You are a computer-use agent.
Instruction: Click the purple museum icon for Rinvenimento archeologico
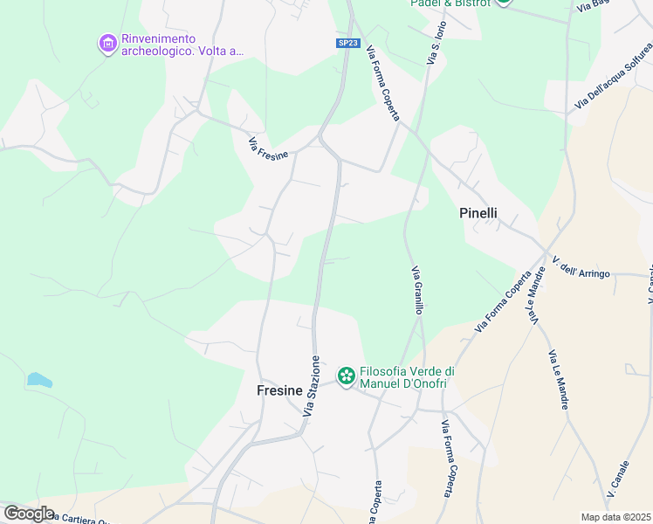click(x=107, y=44)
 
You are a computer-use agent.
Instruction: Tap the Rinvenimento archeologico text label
click(x=182, y=45)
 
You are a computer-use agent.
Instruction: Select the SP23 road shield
click(x=347, y=43)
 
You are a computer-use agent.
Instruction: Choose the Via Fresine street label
click(x=268, y=149)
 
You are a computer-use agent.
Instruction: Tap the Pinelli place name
click(x=478, y=212)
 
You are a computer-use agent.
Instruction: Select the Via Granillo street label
click(x=418, y=290)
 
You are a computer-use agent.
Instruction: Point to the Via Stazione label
click(x=313, y=384)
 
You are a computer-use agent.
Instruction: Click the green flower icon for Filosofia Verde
click(x=347, y=376)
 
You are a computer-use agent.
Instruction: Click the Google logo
click(x=29, y=513)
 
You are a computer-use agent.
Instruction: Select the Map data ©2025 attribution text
click(x=615, y=517)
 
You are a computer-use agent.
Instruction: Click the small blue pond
click(x=39, y=380)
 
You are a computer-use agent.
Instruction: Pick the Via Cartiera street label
click(x=83, y=518)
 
